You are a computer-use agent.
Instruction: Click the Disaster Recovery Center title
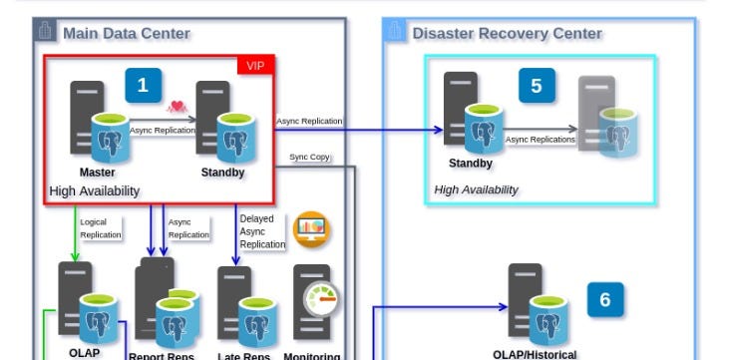[x=507, y=33]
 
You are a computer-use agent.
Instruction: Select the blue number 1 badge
[x=143, y=86]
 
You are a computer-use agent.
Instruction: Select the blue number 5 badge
[x=537, y=86]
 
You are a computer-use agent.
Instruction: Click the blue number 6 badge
[x=604, y=298]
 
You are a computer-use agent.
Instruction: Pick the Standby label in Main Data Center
[x=221, y=172]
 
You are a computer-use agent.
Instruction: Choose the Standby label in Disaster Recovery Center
[x=471, y=164]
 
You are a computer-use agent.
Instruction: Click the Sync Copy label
[x=309, y=157]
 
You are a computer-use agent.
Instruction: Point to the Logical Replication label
[x=100, y=229]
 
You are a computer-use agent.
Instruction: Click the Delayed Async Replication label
[x=262, y=230]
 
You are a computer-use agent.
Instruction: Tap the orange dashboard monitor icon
[x=312, y=229]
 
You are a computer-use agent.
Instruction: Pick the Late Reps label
[x=243, y=355]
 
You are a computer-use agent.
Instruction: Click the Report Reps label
[x=163, y=355]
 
